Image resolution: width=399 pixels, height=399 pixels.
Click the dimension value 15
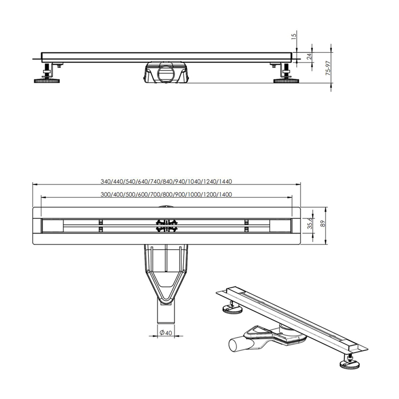[x=294, y=36]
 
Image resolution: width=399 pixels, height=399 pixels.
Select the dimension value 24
[x=309, y=56]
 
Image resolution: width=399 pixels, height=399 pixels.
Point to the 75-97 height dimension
[x=329, y=68]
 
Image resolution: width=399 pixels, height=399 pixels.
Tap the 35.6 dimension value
[x=310, y=223]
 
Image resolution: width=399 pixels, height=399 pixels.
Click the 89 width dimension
[x=323, y=224]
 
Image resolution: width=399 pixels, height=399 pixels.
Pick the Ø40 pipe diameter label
[x=165, y=332]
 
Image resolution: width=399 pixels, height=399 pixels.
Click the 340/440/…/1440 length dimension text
[x=166, y=182]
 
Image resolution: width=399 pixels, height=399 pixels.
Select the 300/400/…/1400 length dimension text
[x=166, y=195]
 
